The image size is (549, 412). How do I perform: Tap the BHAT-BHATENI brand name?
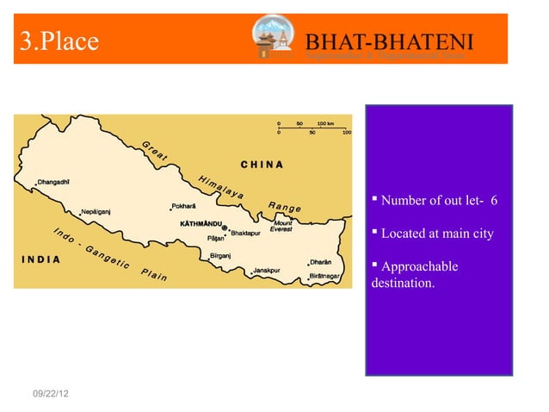coord(390,41)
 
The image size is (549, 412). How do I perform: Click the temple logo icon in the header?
coord(274,39)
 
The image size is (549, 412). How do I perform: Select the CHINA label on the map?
coord(262,165)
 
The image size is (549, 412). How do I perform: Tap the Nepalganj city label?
coord(102,210)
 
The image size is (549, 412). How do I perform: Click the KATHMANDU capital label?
coord(201,223)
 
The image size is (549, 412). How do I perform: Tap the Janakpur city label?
coord(266,270)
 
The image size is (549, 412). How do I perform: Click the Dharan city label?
coord(321,262)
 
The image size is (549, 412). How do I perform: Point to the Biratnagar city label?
coord(325,277)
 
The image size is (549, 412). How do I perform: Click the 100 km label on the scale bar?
coord(326,122)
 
